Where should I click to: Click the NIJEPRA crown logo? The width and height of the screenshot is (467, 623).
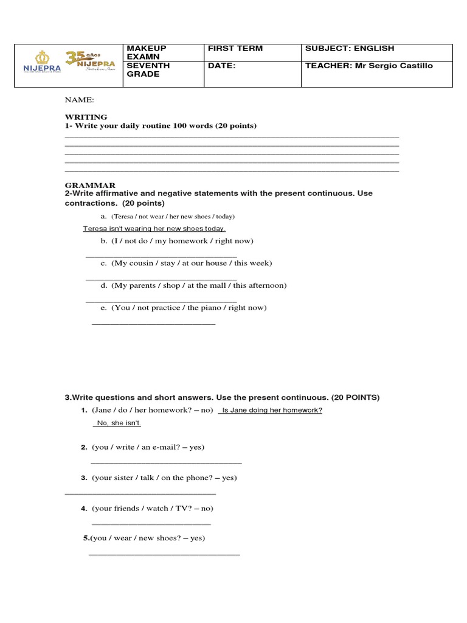point(42,62)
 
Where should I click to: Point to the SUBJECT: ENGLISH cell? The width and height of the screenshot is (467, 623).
point(350,49)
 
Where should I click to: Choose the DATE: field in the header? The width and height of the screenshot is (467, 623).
point(221,66)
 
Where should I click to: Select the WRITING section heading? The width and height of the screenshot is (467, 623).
point(86,117)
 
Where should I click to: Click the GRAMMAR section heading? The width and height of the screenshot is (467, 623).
point(90,185)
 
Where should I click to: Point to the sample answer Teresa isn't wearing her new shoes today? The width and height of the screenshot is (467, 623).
point(154,229)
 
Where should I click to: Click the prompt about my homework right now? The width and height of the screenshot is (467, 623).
point(178,241)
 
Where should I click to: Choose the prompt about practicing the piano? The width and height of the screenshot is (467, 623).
point(184,308)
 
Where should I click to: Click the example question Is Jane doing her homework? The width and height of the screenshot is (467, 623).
point(272,410)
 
